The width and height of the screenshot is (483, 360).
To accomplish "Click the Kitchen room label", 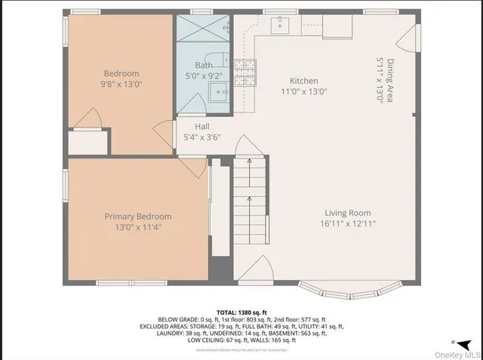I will pyautogui.click(x=304, y=81).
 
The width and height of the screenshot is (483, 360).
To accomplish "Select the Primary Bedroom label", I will pyautogui.click(x=137, y=217).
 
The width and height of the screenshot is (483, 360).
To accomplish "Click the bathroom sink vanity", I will pyautogui.click(x=220, y=93).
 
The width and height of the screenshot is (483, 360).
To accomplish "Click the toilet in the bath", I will pyautogui.click(x=222, y=60).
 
